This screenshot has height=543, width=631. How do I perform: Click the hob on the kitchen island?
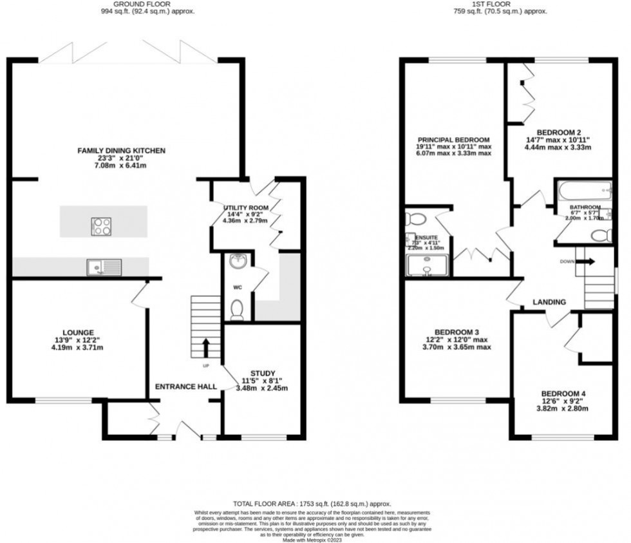coord(102,226)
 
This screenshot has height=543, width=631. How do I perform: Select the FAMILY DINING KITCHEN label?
coord(122,150)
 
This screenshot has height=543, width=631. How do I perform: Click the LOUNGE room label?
coord(79,332)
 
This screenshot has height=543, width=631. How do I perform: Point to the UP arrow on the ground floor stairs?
coord(206,348)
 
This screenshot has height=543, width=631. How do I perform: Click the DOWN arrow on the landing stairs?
coord(586,262)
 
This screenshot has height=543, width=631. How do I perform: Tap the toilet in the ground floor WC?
coord(236,310)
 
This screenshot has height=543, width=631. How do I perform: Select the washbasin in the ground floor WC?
coord(238,262)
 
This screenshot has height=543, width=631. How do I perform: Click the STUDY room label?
coord(263,373)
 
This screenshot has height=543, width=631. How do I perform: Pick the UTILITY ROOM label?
coord(246,207)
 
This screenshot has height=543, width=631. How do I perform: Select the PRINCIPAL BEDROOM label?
coord(453,140)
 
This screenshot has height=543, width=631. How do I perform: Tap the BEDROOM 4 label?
coord(563,394)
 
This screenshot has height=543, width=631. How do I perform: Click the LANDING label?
coord(549,302)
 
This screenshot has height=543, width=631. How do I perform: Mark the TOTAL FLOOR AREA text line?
coord(312,504)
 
